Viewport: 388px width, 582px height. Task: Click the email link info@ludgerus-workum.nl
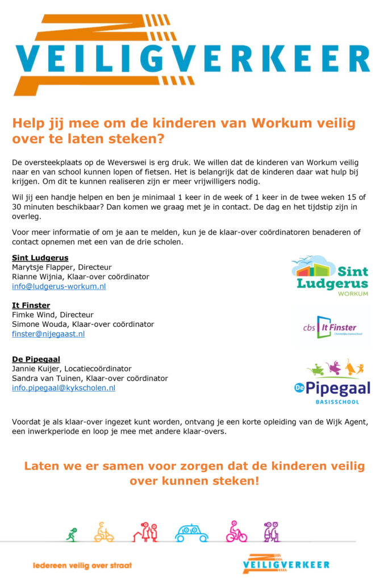59,286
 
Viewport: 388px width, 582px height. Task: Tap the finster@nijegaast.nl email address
48,334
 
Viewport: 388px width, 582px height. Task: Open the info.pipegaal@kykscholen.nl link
64,388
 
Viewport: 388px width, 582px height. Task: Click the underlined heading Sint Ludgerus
40,257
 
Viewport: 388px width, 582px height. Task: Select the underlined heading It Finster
31,305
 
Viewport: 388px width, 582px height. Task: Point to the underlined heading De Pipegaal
36,359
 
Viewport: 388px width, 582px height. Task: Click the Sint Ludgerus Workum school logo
330,276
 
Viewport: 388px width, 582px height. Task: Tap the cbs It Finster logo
331,327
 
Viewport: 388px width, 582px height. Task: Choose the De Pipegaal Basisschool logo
332,381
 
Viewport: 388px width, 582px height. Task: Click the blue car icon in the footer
191,533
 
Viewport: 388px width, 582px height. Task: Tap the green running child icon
72,535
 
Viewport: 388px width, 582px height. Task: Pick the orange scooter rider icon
103,532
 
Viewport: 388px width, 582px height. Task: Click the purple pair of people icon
271,532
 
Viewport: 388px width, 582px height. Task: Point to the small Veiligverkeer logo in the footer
286,564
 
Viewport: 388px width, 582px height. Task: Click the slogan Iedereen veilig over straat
82,566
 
